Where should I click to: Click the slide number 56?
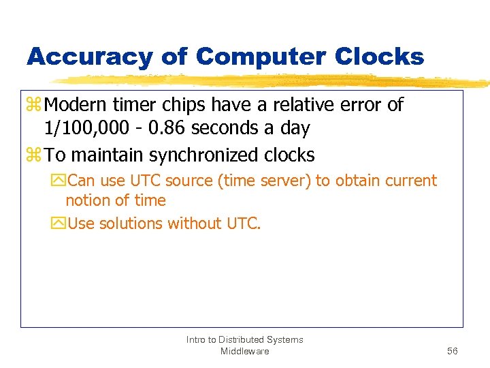tap(453, 351)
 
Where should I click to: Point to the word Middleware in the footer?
tap(244, 351)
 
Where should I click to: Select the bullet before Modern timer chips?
tap(34, 106)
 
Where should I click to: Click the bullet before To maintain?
tap(34, 155)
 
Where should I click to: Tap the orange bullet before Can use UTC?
tap(58, 181)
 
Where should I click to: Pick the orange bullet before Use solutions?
tap(58, 224)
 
